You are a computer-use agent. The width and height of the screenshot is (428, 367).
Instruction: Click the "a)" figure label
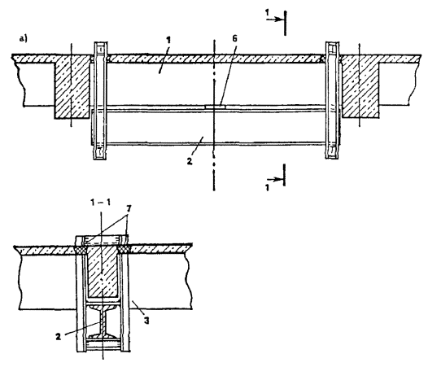[24, 39]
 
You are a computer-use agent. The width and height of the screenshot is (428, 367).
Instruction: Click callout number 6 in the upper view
[234, 38]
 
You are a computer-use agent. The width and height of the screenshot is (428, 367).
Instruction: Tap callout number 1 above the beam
[168, 40]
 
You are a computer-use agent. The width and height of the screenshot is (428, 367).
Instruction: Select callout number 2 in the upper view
[190, 161]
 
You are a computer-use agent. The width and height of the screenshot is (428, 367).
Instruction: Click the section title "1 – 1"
[101, 203]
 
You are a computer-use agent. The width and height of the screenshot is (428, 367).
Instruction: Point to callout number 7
[129, 209]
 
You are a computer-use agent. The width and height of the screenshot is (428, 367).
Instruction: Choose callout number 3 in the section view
[146, 321]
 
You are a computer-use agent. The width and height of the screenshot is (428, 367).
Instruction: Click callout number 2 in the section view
[58, 337]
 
